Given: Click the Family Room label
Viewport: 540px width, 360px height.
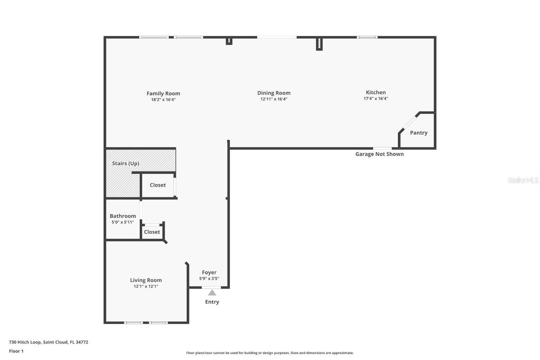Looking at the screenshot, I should click(163, 94).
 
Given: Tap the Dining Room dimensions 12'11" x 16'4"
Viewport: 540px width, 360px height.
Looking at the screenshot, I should click(274, 99).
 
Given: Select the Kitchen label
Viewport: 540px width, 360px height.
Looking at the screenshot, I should click(375, 92).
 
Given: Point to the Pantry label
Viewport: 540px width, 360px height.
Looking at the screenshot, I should click(418, 133).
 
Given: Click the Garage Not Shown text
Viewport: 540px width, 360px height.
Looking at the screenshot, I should click(379, 154).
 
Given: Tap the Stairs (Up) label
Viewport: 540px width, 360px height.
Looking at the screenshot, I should click(125, 163).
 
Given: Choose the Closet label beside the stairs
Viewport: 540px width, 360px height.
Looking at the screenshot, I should click(158, 185).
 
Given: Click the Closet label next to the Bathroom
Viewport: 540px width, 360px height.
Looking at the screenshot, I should click(152, 232).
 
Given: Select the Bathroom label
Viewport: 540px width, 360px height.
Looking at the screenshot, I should click(123, 216).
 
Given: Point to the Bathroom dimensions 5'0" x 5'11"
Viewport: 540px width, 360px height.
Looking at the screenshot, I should click(123, 222).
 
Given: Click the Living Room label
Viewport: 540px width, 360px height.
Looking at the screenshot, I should click(146, 280).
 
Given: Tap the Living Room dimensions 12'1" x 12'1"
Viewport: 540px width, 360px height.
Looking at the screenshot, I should click(146, 286).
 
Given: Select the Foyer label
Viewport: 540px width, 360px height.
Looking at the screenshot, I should click(209, 273).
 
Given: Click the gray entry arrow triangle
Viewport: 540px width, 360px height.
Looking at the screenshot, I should click(212, 292).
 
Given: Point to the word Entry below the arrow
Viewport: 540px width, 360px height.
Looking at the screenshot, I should click(212, 302).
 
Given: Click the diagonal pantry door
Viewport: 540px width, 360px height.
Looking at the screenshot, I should click(409, 123).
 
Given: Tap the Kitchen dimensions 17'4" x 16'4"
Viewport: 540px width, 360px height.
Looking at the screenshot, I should click(375, 99).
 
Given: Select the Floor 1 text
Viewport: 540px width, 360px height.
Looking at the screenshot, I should click(16, 351).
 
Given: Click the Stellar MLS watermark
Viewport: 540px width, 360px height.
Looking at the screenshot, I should click(523, 180).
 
